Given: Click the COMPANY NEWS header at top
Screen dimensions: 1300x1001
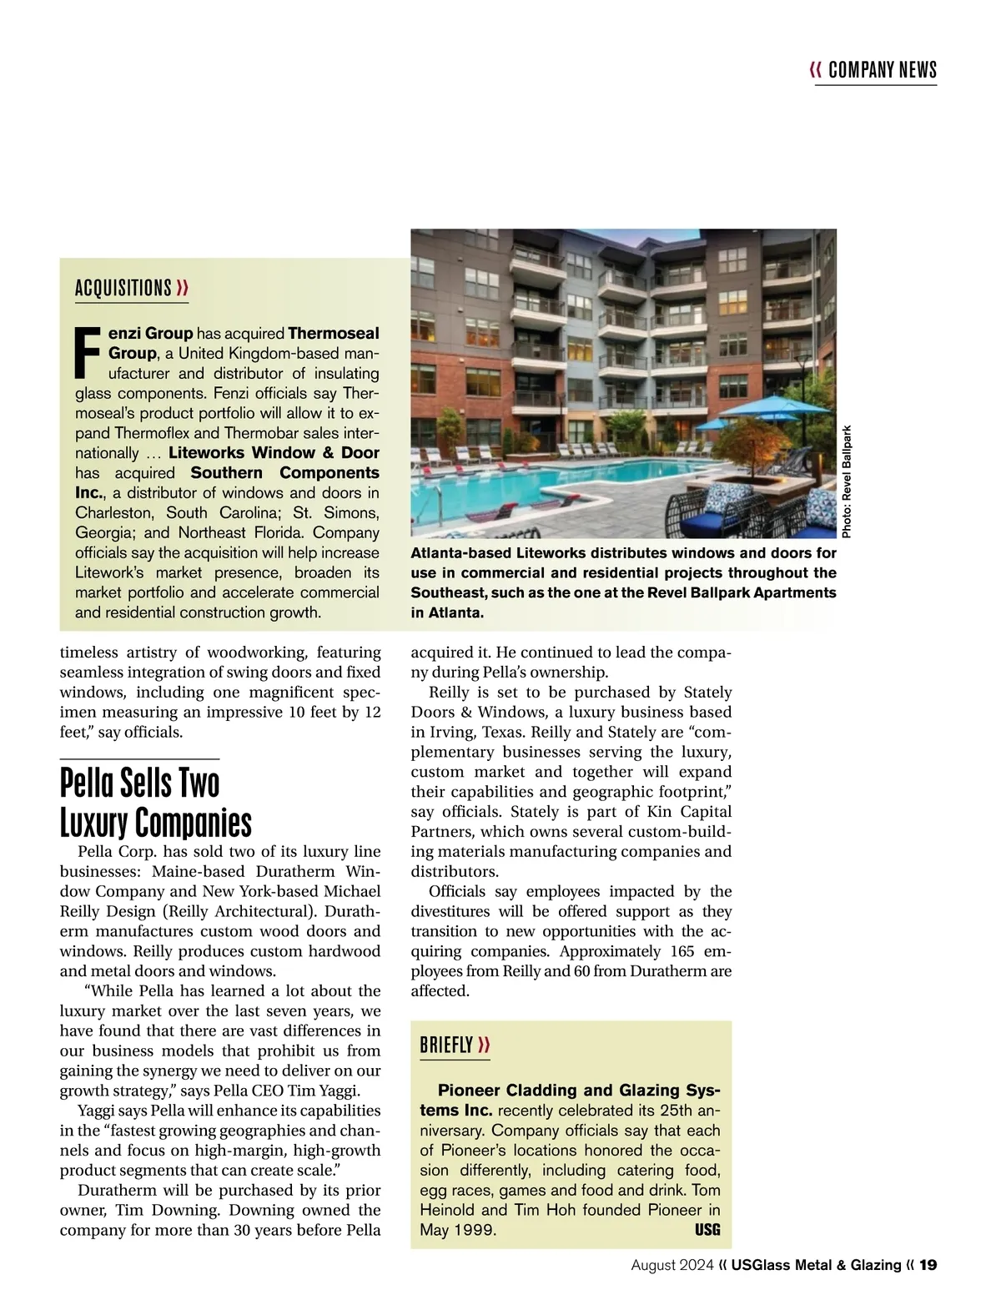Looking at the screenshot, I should (883, 70).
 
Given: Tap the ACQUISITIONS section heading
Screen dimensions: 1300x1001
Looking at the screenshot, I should (123, 289).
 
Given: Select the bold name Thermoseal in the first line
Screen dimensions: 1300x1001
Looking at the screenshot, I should (333, 334).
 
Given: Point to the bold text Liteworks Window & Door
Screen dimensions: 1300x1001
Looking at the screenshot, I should (274, 453).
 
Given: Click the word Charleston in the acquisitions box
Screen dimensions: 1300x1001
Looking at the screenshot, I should (113, 513).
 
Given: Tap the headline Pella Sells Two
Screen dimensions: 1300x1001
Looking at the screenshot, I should (140, 784).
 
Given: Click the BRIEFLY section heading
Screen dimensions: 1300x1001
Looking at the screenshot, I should (446, 1045).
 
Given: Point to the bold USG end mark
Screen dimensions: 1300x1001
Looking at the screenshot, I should (707, 1230).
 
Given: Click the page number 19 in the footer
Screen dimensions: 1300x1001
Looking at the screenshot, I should (928, 1266).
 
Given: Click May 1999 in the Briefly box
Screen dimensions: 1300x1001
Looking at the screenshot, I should (458, 1231).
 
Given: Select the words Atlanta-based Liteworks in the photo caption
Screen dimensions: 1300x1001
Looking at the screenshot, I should (488, 553).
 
